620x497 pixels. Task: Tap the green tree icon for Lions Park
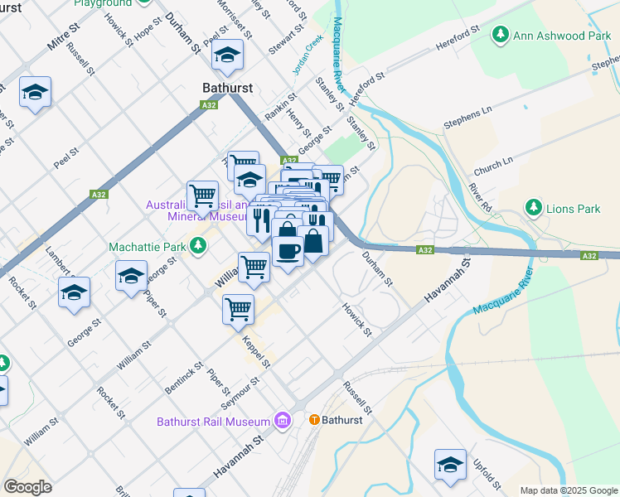click(x=534, y=208)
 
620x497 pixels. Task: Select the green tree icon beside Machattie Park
click(x=198, y=246)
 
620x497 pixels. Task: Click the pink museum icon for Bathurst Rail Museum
click(x=283, y=421)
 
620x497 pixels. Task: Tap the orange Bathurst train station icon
click(x=314, y=420)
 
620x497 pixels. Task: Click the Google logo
click(x=27, y=487)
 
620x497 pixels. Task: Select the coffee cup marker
click(x=288, y=250)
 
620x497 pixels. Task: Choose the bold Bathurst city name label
click(x=227, y=87)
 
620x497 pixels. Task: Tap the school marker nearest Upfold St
click(x=450, y=465)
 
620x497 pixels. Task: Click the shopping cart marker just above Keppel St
click(x=239, y=309)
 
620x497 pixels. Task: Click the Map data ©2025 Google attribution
click(x=569, y=490)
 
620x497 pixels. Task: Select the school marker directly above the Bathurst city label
click(x=227, y=56)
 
